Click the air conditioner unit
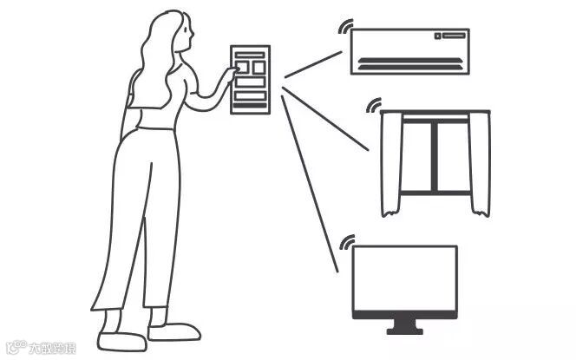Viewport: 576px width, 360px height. (409, 50)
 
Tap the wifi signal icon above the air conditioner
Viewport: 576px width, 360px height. (345, 26)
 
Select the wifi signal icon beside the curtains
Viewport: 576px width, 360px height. (374, 106)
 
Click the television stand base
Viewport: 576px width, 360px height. (404, 329)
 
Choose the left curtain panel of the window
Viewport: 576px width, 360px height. (390, 165)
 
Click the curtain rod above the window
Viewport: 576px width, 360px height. (435, 113)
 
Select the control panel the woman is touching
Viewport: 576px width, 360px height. (251, 80)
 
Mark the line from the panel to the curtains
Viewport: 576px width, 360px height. (325, 122)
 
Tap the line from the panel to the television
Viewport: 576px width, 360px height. (309, 183)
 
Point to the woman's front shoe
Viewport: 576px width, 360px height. (173, 331)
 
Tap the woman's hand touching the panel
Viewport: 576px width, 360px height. (231, 75)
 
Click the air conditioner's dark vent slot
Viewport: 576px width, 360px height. (409, 62)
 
